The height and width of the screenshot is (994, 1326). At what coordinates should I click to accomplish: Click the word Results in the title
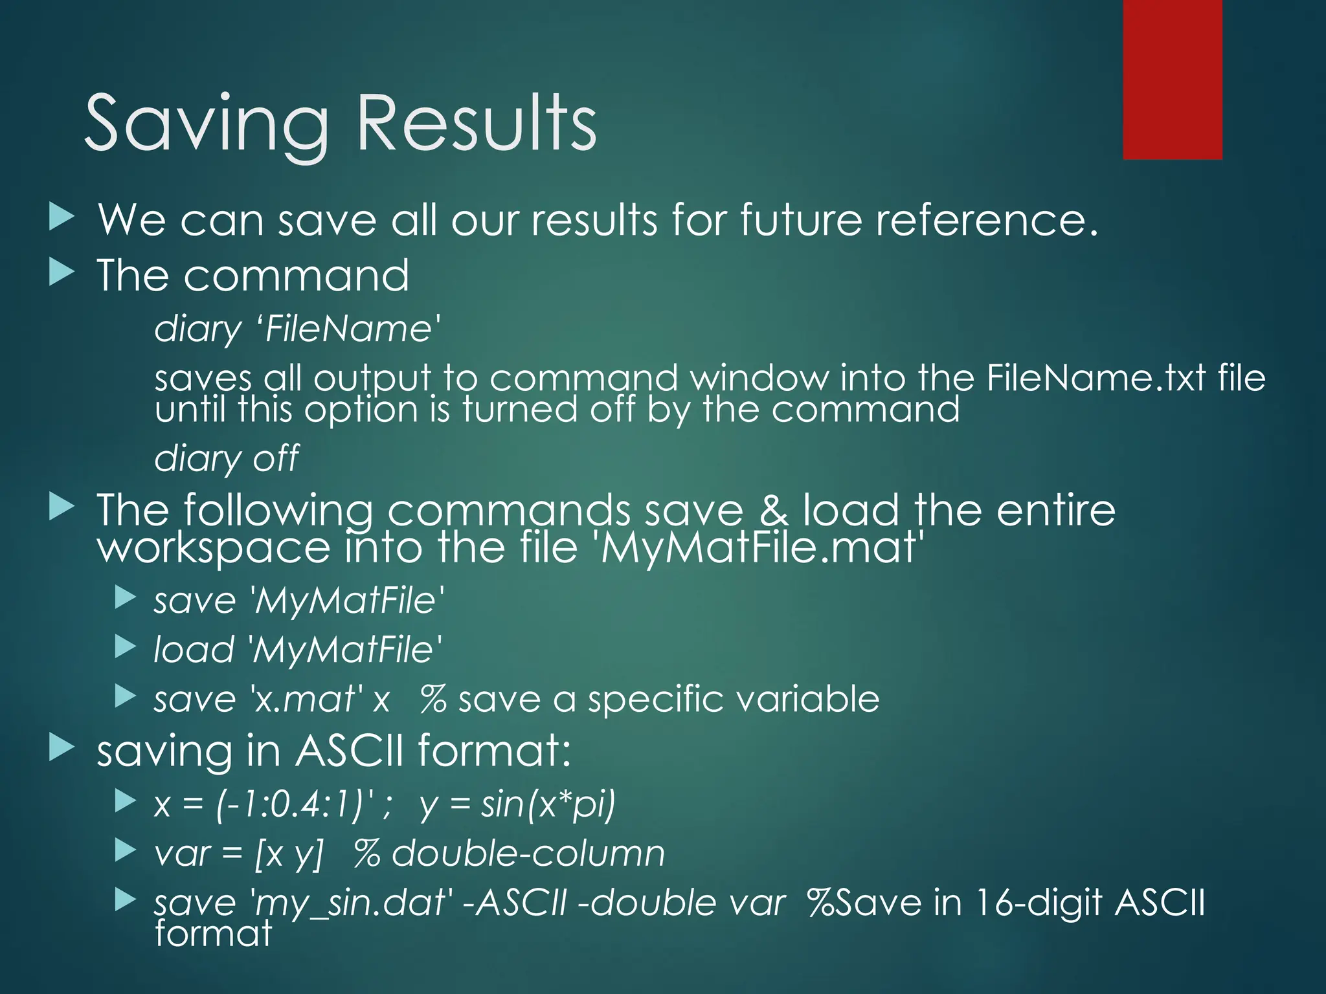pyautogui.click(x=477, y=123)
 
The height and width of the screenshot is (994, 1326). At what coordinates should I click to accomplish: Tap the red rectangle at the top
pyautogui.click(x=1172, y=79)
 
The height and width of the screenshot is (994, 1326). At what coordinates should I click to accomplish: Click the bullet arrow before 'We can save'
pyautogui.click(x=62, y=217)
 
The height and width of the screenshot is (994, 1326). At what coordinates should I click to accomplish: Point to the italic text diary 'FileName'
pyautogui.click(x=298, y=329)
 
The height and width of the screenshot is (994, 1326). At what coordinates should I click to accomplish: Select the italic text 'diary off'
pyautogui.click(x=227, y=458)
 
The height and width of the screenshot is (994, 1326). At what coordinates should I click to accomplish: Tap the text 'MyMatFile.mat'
pyautogui.click(x=758, y=547)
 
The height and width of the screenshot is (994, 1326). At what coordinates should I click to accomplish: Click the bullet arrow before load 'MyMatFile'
pyautogui.click(x=125, y=647)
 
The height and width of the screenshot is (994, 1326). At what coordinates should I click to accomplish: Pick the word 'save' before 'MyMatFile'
pyautogui.click(x=194, y=601)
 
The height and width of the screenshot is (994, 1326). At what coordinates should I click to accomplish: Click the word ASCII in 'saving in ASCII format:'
pyautogui.click(x=350, y=751)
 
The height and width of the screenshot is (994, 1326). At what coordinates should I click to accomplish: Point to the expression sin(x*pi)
pyautogui.click(x=548, y=804)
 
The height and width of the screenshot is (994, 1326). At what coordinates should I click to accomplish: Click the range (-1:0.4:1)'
pyautogui.click(x=295, y=804)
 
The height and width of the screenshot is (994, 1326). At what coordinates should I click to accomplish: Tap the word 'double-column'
pyautogui.click(x=528, y=853)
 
